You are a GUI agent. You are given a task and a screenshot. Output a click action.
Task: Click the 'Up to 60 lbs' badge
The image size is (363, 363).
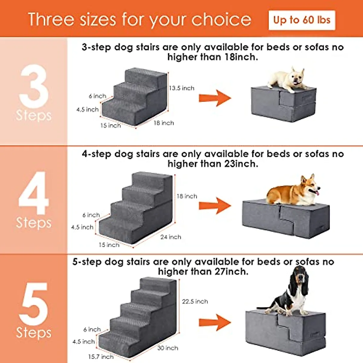[302, 20]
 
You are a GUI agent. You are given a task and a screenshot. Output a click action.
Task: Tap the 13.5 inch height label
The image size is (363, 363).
[181, 88]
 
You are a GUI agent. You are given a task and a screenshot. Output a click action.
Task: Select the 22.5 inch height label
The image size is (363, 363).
[195, 301]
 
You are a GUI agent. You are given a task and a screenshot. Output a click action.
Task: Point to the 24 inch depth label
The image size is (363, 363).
[171, 237]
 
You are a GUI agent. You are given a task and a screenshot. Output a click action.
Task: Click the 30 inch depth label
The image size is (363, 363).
[168, 348]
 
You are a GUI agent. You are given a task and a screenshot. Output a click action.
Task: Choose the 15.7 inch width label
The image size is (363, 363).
[101, 357]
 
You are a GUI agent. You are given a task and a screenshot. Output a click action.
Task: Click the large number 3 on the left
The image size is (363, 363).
[34, 86]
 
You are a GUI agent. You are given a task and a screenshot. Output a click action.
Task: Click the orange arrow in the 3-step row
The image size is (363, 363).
[215, 98]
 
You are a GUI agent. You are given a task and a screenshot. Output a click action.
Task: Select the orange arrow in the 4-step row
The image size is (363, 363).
[215, 206]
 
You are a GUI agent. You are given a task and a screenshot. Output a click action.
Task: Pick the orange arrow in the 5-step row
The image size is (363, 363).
[215, 322]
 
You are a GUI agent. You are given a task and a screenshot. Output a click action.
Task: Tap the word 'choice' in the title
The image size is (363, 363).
[221, 20]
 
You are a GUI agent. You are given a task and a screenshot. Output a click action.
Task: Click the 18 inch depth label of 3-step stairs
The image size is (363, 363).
[163, 123]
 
